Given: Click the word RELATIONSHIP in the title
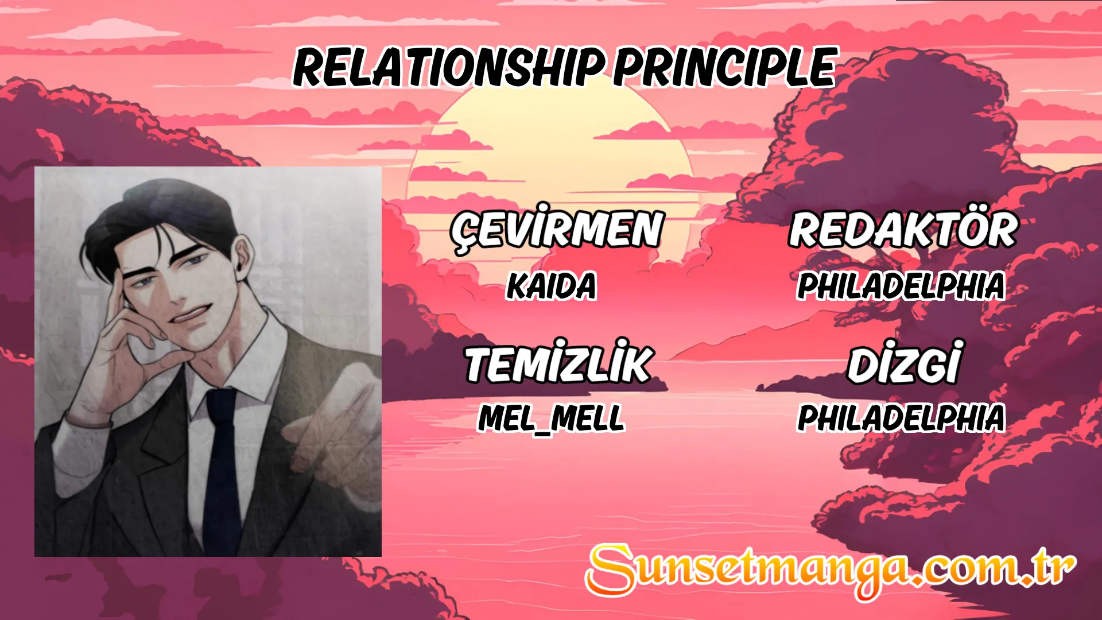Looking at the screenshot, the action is pyautogui.click(x=449, y=67).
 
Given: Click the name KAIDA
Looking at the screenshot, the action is pyautogui.click(x=552, y=285).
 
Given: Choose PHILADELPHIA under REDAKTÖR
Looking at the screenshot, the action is pyautogui.click(x=901, y=285).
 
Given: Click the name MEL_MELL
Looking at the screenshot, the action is pyautogui.click(x=551, y=418).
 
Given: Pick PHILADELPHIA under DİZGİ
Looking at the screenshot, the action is pyautogui.click(x=901, y=417).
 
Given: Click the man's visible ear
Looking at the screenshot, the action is pyautogui.click(x=244, y=258).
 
